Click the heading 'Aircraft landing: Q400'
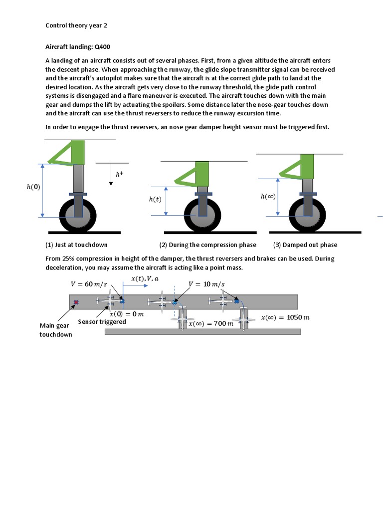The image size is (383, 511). tap(78, 47)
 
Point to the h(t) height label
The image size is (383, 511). tap(155, 199)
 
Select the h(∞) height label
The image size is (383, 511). tap(268, 197)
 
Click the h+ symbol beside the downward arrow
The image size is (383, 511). tap(119, 174)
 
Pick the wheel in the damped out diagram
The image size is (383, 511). tap(307, 215)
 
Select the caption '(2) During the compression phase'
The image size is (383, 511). tap(207, 245)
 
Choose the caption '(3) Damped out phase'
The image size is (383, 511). tap(305, 245)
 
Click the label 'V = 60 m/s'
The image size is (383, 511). tap(89, 284)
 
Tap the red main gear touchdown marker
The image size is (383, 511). tap(76, 302)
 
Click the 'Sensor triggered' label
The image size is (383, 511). tap(102, 322)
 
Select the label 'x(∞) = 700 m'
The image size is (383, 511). tap(211, 324)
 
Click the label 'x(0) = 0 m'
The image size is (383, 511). tap(127, 314)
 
